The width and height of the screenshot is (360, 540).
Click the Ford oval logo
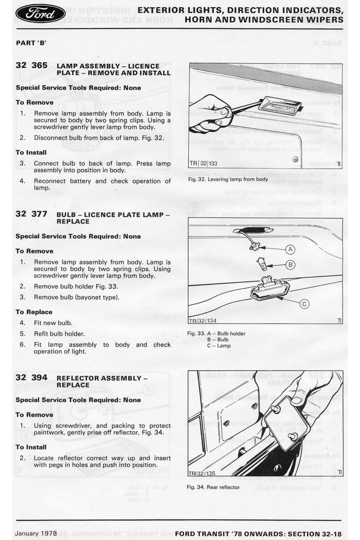40,13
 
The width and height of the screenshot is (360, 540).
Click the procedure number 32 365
31,65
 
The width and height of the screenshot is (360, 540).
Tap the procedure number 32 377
31,214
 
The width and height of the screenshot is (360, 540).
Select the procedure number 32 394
31,378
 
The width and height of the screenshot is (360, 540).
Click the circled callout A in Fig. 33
290,249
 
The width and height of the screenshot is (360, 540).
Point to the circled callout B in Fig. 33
290,265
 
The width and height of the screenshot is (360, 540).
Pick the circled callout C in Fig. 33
305,304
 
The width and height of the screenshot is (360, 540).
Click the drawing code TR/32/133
204,163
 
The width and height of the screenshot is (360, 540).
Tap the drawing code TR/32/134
202,320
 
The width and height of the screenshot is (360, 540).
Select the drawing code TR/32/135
202,472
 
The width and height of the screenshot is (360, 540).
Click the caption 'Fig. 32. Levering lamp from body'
228,180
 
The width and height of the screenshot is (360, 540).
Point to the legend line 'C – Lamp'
219,346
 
